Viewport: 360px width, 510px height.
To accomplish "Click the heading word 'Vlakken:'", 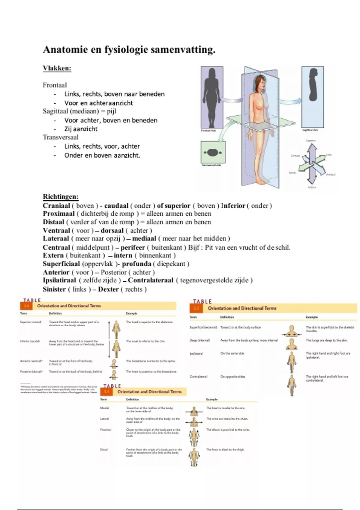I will point(57,68).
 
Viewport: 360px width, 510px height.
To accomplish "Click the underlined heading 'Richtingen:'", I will point(61,197).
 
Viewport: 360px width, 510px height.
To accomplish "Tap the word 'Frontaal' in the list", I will point(55,85).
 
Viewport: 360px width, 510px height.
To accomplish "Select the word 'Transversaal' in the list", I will point(61,137).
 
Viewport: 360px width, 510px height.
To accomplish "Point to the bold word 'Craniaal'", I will point(56,206).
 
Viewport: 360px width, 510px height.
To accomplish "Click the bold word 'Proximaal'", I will point(58,214).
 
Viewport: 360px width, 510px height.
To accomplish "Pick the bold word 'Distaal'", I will point(53,222).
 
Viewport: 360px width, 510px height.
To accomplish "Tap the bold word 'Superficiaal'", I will point(61,264).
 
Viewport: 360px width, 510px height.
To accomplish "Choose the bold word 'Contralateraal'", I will point(151,280).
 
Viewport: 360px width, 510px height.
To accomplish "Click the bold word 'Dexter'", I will point(108,289).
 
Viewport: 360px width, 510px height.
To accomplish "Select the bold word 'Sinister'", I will point(54,289).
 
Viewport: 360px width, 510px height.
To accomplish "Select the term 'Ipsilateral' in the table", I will point(196,354).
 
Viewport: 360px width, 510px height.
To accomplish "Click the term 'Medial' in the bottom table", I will point(104,408).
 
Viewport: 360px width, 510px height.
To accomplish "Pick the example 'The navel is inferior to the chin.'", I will point(145,341).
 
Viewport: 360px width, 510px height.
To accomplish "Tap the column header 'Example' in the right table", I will point(311,317).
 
